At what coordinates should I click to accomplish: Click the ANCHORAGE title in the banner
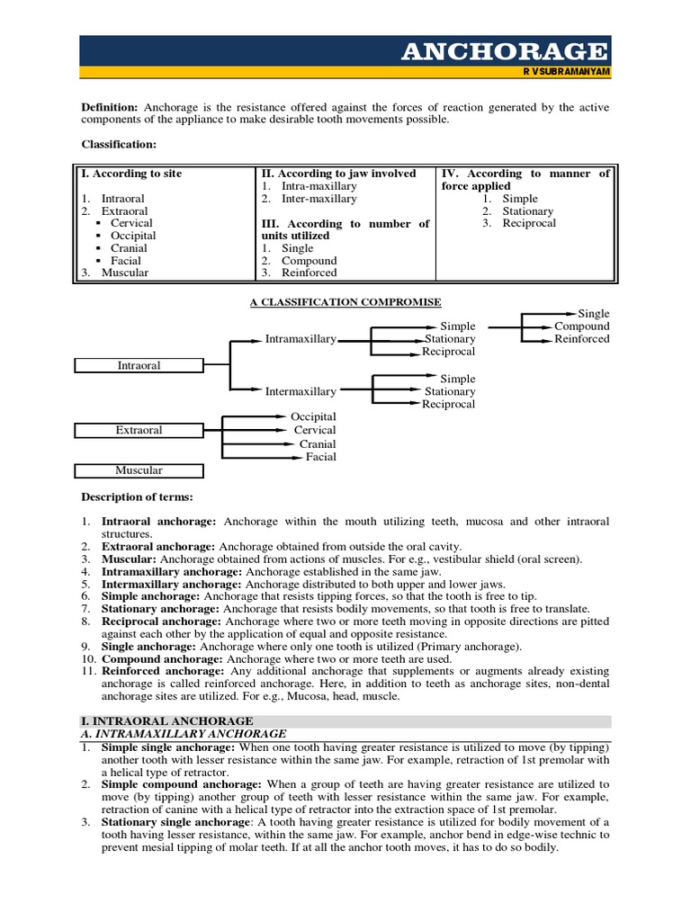click(x=504, y=50)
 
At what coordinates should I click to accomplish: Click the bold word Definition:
click(x=110, y=107)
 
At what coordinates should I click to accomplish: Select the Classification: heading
click(x=119, y=144)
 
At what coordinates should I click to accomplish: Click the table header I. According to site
click(x=131, y=174)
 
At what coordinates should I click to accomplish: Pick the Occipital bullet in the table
click(x=133, y=236)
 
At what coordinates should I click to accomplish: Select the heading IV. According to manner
click(x=525, y=174)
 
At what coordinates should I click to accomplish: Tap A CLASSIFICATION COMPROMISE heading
click(x=345, y=302)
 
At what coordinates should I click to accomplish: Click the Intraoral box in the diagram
click(x=139, y=366)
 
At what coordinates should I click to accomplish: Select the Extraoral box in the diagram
click(x=139, y=431)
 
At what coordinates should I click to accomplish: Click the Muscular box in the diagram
click(x=139, y=470)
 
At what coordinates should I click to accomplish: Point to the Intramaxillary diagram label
click(x=301, y=339)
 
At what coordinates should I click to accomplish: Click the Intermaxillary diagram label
click(x=301, y=391)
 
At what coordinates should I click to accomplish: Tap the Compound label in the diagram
click(x=581, y=326)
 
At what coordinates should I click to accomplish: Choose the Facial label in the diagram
click(x=320, y=457)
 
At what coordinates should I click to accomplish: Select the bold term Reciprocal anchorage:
click(x=159, y=621)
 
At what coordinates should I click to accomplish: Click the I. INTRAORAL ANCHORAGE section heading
click(x=167, y=721)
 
